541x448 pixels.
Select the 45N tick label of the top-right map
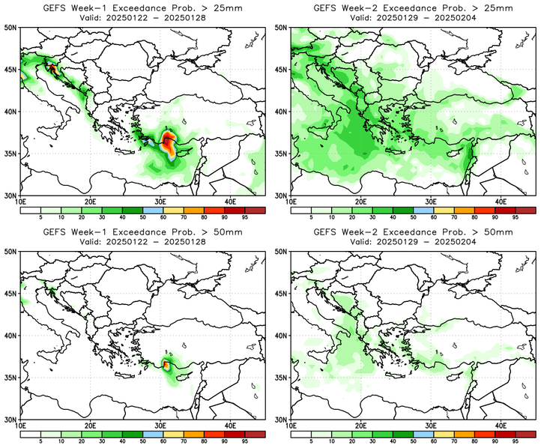point(281,69)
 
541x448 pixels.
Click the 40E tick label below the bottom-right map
point(501,426)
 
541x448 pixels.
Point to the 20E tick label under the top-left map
point(91,202)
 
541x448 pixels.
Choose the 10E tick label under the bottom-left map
point(21,426)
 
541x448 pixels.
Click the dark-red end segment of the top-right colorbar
point(525,210)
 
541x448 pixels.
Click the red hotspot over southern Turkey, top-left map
point(168,139)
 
